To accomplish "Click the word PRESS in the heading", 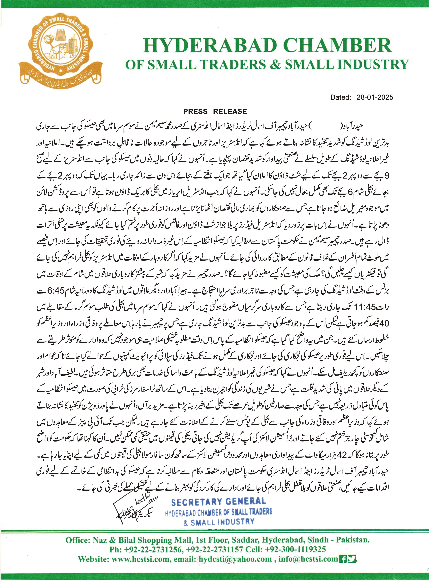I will pyautogui.click(x=195, y=112).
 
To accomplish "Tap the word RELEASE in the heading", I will pyautogui.click(x=230, y=112).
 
